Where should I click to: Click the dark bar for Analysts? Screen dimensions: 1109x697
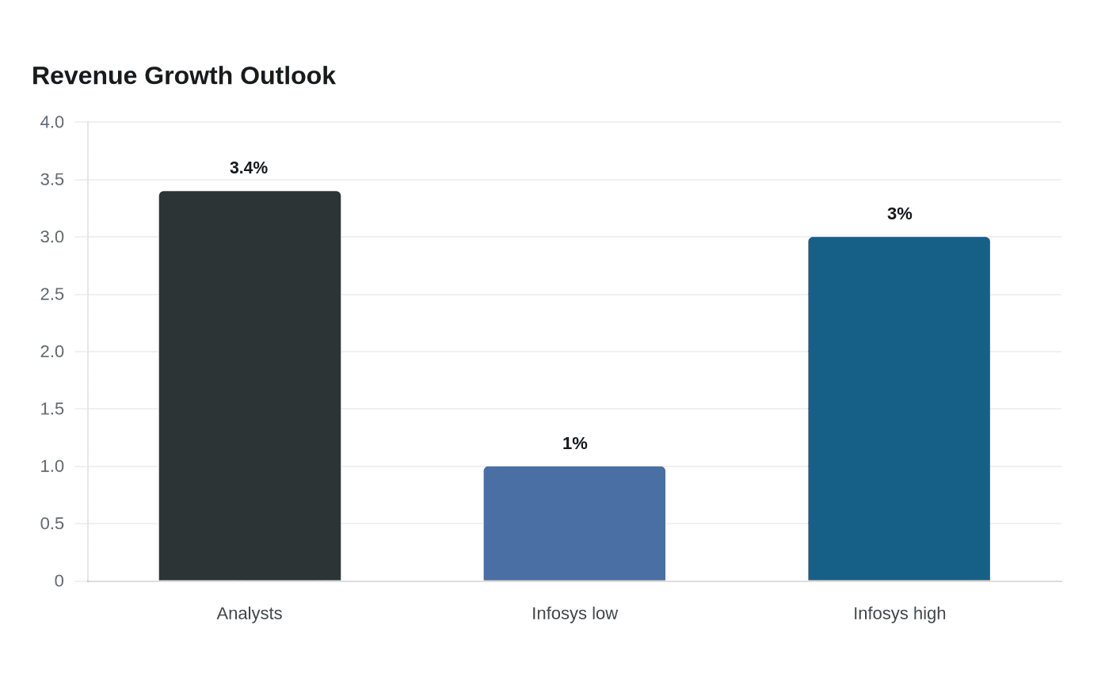tap(250, 386)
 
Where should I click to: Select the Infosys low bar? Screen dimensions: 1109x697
tap(574, 524)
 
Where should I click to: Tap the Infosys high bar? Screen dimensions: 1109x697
tap(899, 409)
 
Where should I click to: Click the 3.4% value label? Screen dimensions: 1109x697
tap(249, 168)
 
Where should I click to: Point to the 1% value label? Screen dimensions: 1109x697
tap(575, 443)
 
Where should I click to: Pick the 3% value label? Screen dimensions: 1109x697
tap(900, 214)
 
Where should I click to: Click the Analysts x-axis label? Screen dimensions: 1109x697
tap(250, 614)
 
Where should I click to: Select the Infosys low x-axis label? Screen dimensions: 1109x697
tap(575, 614)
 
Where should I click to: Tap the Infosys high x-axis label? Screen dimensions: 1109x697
tap(900, 614)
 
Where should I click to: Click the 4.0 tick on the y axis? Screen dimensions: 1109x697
tap(52, 122)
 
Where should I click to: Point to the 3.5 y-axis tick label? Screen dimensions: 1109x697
tap(52, 180)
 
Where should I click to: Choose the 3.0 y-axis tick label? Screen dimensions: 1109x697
tap(52, 237)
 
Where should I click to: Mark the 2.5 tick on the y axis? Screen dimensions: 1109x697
tap(52, 295)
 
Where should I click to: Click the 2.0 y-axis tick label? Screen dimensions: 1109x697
tap(52, 352)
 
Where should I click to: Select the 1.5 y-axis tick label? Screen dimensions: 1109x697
tap(52, 409)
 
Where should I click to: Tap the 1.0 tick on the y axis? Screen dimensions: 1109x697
tap(52, 467)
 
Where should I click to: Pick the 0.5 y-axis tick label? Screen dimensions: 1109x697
tap(52, 524)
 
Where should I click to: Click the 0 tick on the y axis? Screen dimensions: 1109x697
tap(59, 581)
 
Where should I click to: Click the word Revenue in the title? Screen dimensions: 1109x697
tap(85, 76)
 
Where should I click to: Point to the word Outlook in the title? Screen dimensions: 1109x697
tap(288, 76)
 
